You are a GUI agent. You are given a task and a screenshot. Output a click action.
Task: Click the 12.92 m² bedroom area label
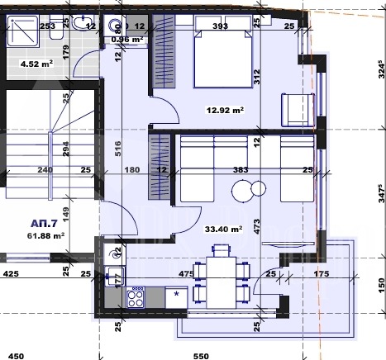(x=225, y=108)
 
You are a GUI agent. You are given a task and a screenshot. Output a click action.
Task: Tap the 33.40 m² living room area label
(x=224, y=230)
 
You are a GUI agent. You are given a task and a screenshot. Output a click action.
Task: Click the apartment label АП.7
(x=45, y=224)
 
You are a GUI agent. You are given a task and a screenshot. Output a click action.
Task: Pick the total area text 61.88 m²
(x=45, y=236)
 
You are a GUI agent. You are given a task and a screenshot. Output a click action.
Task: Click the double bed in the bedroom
(x=219, y=57)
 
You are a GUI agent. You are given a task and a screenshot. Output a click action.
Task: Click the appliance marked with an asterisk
(x=175, y=294)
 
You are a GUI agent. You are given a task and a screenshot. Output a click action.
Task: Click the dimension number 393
(x=220, y=26)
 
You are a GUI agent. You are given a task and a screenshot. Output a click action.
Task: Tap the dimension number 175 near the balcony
(x=322, y=273)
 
